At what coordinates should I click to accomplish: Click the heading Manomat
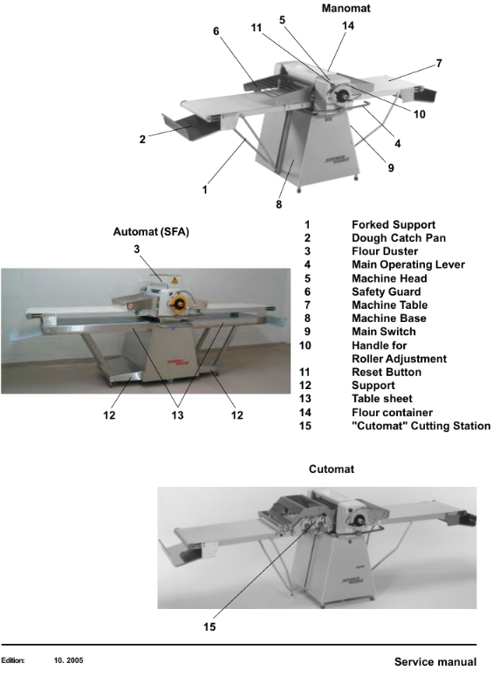point(346,8)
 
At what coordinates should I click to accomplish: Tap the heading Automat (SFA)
point(151,232)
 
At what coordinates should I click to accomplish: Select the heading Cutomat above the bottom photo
point(332,468)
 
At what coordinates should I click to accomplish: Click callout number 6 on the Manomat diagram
point(216,31)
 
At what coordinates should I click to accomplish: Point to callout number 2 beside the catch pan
point(142,140)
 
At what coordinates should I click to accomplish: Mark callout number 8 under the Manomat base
point(279,204)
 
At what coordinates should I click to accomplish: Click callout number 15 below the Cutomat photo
point(209,626)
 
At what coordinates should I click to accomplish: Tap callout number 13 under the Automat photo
point(177,415)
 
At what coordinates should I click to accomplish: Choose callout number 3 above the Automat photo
point(137,250)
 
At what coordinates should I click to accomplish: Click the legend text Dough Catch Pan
point(399,238)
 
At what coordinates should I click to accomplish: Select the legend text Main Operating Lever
point(408,264)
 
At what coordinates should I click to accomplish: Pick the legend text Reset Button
point(387,373)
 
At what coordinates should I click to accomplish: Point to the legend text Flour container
point(392,413)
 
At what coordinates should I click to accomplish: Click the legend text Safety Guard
point(386,292)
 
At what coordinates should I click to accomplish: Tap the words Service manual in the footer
point(435,662)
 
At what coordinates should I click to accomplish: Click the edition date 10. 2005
point(69,660)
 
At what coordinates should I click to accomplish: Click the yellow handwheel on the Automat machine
point(178,304)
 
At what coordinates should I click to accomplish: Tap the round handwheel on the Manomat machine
point(342,94)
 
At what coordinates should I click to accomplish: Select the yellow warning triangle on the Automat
point(175,280)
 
